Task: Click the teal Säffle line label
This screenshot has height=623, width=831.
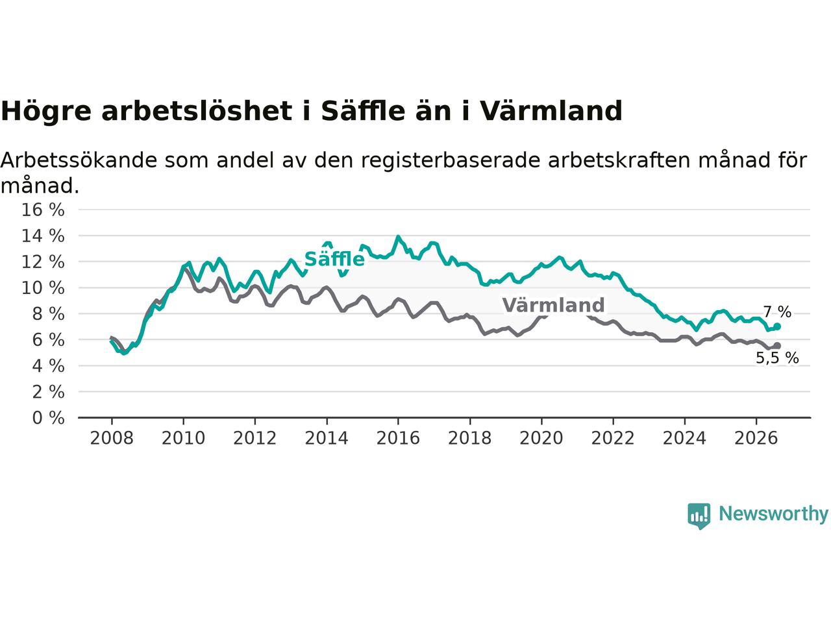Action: (334, 259)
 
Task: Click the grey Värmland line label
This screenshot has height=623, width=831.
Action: (553, 305)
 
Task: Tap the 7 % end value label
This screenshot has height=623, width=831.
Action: (777, 312)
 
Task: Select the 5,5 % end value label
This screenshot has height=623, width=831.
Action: (777, 358)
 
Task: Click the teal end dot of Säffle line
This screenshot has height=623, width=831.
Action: (777, 326)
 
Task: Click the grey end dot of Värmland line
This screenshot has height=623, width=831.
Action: (777, 346)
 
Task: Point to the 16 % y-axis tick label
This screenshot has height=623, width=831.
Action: (43, 210)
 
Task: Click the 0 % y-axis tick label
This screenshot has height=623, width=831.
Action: (48, 418)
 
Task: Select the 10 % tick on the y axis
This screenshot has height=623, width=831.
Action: (43, 288)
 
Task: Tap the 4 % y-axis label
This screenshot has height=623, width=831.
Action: (48, 366)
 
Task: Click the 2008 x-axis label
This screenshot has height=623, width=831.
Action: (112, 438)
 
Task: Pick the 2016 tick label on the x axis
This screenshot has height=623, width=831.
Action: (398, 438)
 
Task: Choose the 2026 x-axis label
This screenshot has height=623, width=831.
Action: (756, 438)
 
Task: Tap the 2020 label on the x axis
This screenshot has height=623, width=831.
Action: (541, 438)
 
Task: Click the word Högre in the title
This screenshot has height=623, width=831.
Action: (46, 112)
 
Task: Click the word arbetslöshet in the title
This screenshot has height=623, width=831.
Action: (197, 111)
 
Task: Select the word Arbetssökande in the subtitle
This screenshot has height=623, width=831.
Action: (79, 160)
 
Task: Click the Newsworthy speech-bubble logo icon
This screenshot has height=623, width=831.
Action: (699, 516)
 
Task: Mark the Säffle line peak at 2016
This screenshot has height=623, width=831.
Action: (398, 237)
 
